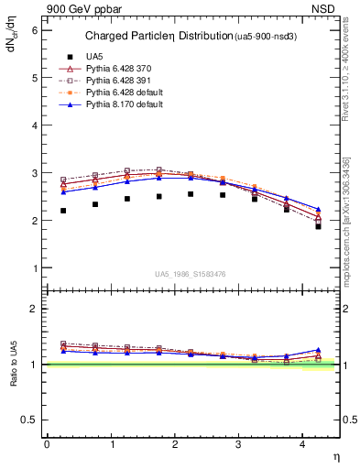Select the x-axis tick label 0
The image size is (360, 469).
[47, 443]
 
